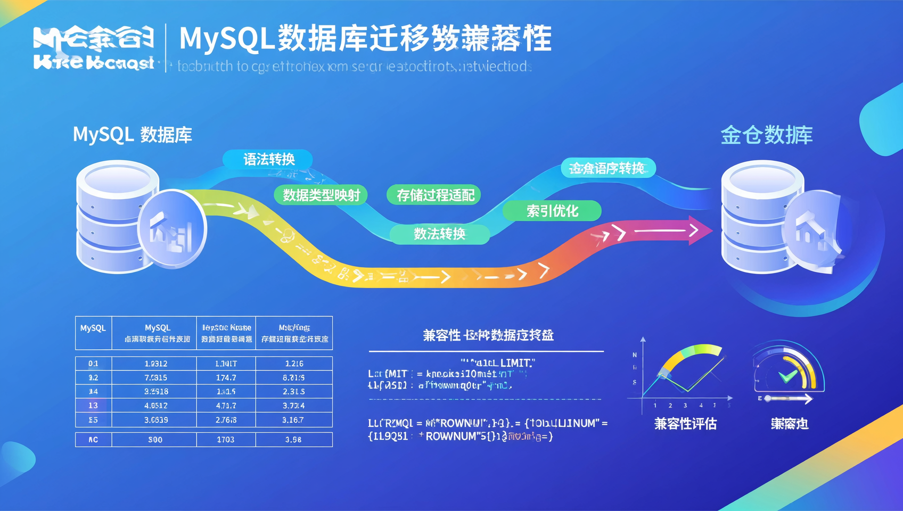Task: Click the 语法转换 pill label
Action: coord(268,159)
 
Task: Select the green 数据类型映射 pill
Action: coord(321,195)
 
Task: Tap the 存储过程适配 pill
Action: coord(434,195)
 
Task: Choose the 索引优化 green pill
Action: coord(552,211)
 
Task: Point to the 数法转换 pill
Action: coord(439,234)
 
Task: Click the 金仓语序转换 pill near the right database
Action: coord(608,169)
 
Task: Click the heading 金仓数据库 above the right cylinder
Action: coord(766,135)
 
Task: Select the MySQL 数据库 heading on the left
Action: coord(132,135)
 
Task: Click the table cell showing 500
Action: coord(155,440)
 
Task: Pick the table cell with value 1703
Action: coord(226,440)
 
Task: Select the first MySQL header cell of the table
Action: coord(93,328)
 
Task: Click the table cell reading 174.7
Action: coord(226,377)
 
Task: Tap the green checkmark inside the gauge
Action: coord(787,376)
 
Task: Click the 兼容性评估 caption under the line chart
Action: coord(685,424)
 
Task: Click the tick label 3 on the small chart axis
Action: coord(685,406)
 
